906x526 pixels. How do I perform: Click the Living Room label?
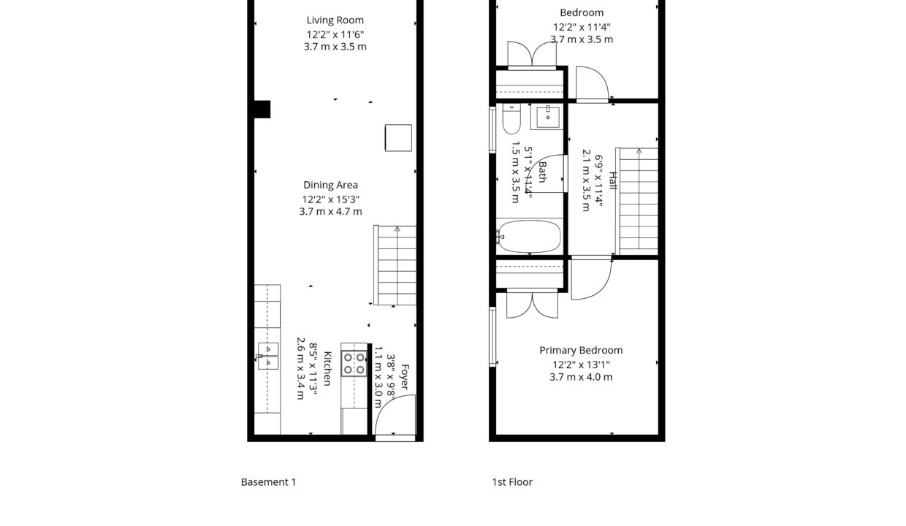335,20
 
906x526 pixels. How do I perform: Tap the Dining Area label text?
330,186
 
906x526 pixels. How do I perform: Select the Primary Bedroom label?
581,351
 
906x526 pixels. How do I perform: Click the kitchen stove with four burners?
354,363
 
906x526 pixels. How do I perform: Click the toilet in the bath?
511,118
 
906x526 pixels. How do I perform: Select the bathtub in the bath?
529,237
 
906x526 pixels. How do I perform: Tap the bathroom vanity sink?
547,116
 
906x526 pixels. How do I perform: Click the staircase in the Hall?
639,201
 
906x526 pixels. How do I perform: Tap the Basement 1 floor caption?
268,482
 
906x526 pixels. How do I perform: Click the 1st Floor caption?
512,482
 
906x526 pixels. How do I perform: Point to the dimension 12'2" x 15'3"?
331,199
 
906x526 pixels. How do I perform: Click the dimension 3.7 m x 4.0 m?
581,377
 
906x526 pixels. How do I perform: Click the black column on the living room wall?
262,109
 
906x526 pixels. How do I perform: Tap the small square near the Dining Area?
398,138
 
